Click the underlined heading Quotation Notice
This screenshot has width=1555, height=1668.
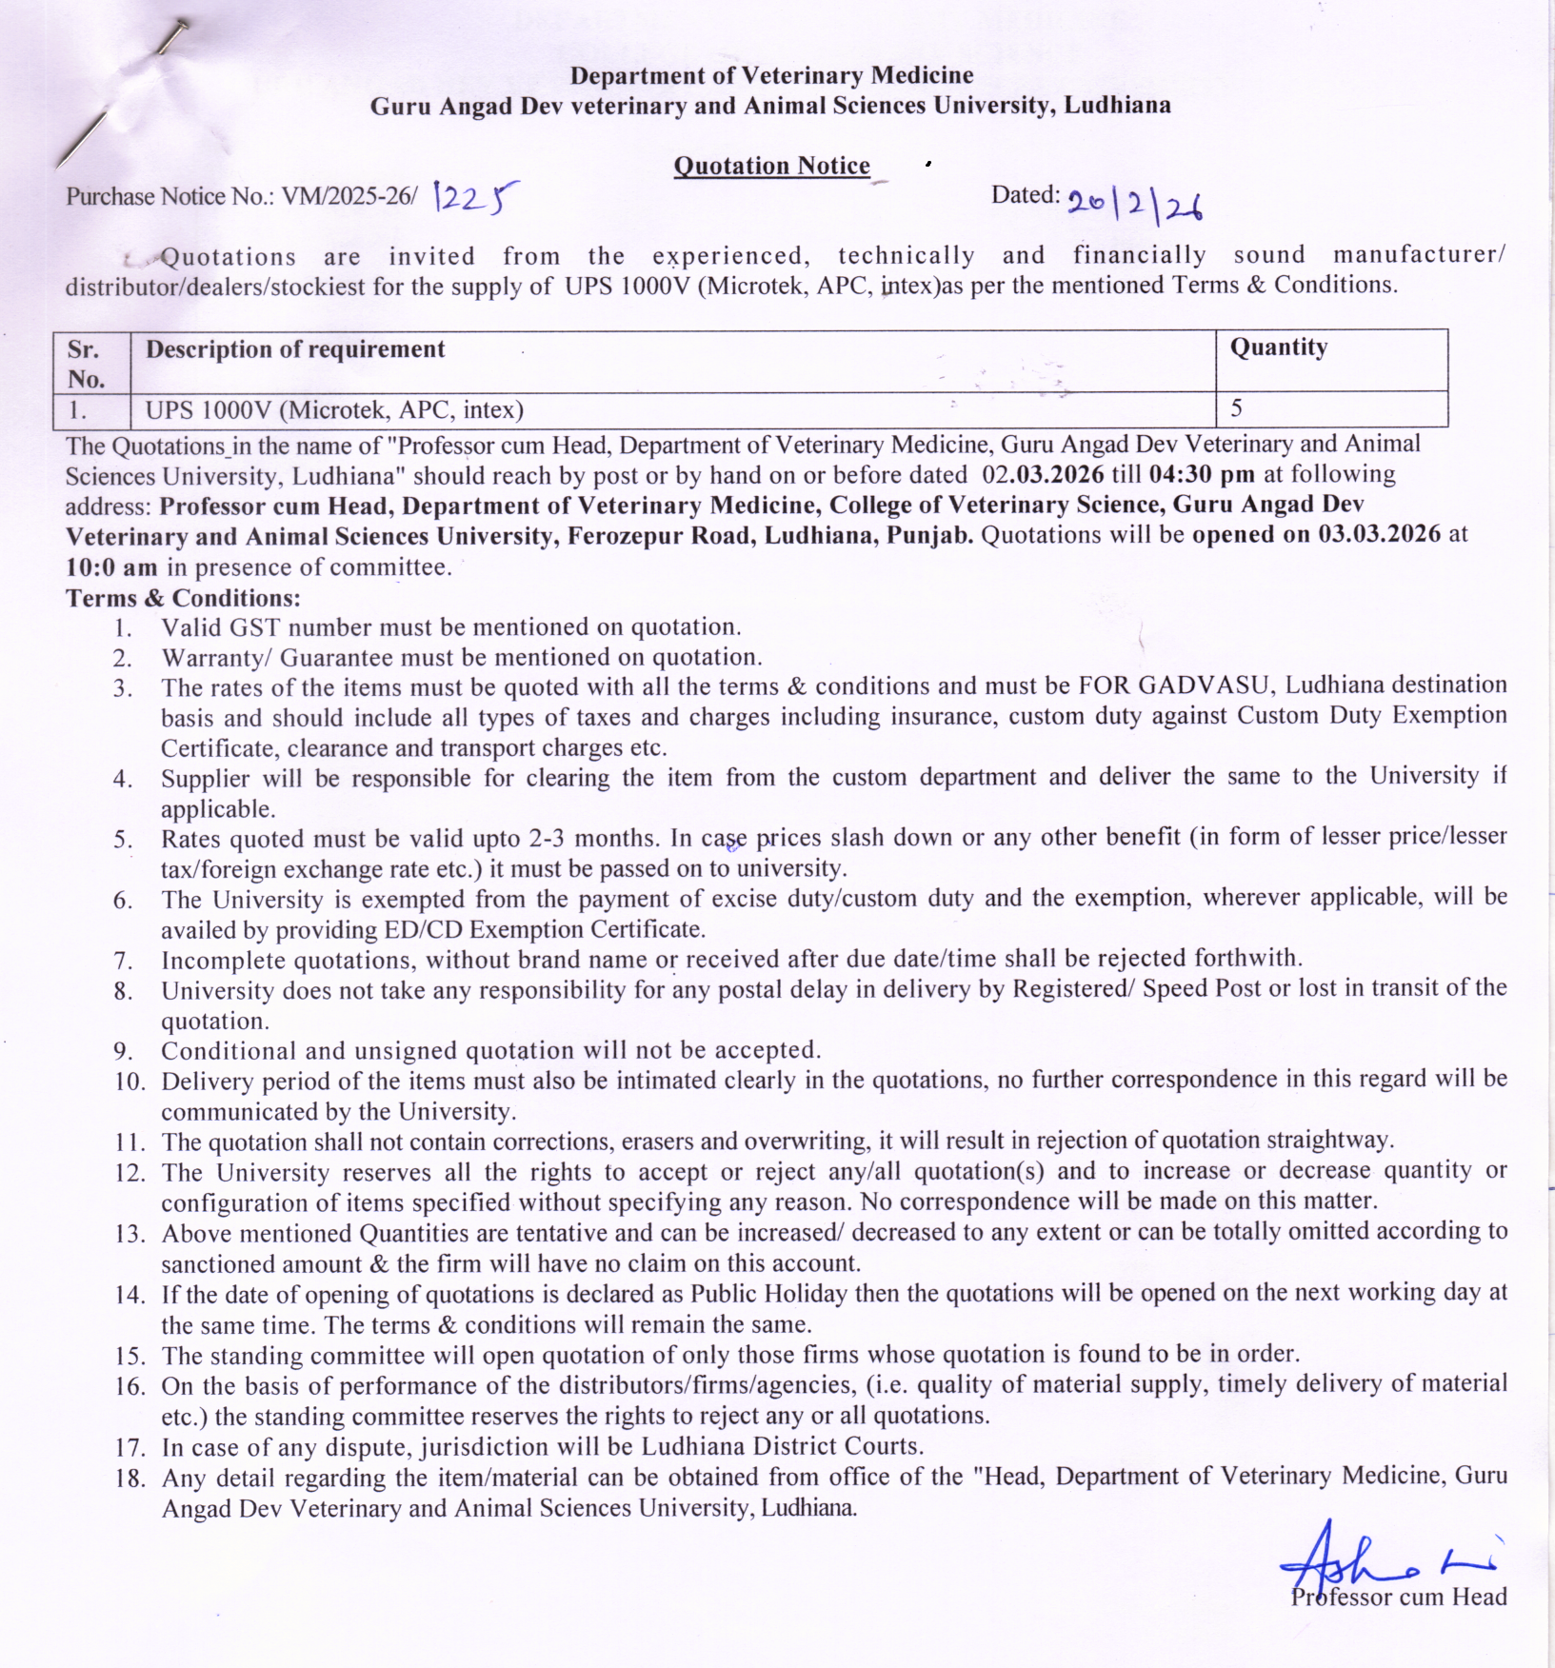[771, 166]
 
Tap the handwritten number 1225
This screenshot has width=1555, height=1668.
[476, 198]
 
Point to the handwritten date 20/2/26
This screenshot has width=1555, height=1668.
[1134, 203]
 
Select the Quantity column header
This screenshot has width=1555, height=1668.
[1278, 347]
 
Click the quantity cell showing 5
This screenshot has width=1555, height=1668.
[1236, 408]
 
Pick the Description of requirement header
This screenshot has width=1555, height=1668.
[295, 349]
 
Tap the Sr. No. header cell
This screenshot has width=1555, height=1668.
[87, 363]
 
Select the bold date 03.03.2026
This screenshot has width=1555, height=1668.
[1379, 534]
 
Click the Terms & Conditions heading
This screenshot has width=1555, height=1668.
[183, 598]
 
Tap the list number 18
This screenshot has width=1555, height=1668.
[130, 1479]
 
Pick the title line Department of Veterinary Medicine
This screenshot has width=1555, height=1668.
[771, 75]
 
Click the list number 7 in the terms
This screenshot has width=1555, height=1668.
[123, 960]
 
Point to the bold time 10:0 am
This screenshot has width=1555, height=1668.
[111, 567]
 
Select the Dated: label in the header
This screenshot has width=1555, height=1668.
[1025, 195]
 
